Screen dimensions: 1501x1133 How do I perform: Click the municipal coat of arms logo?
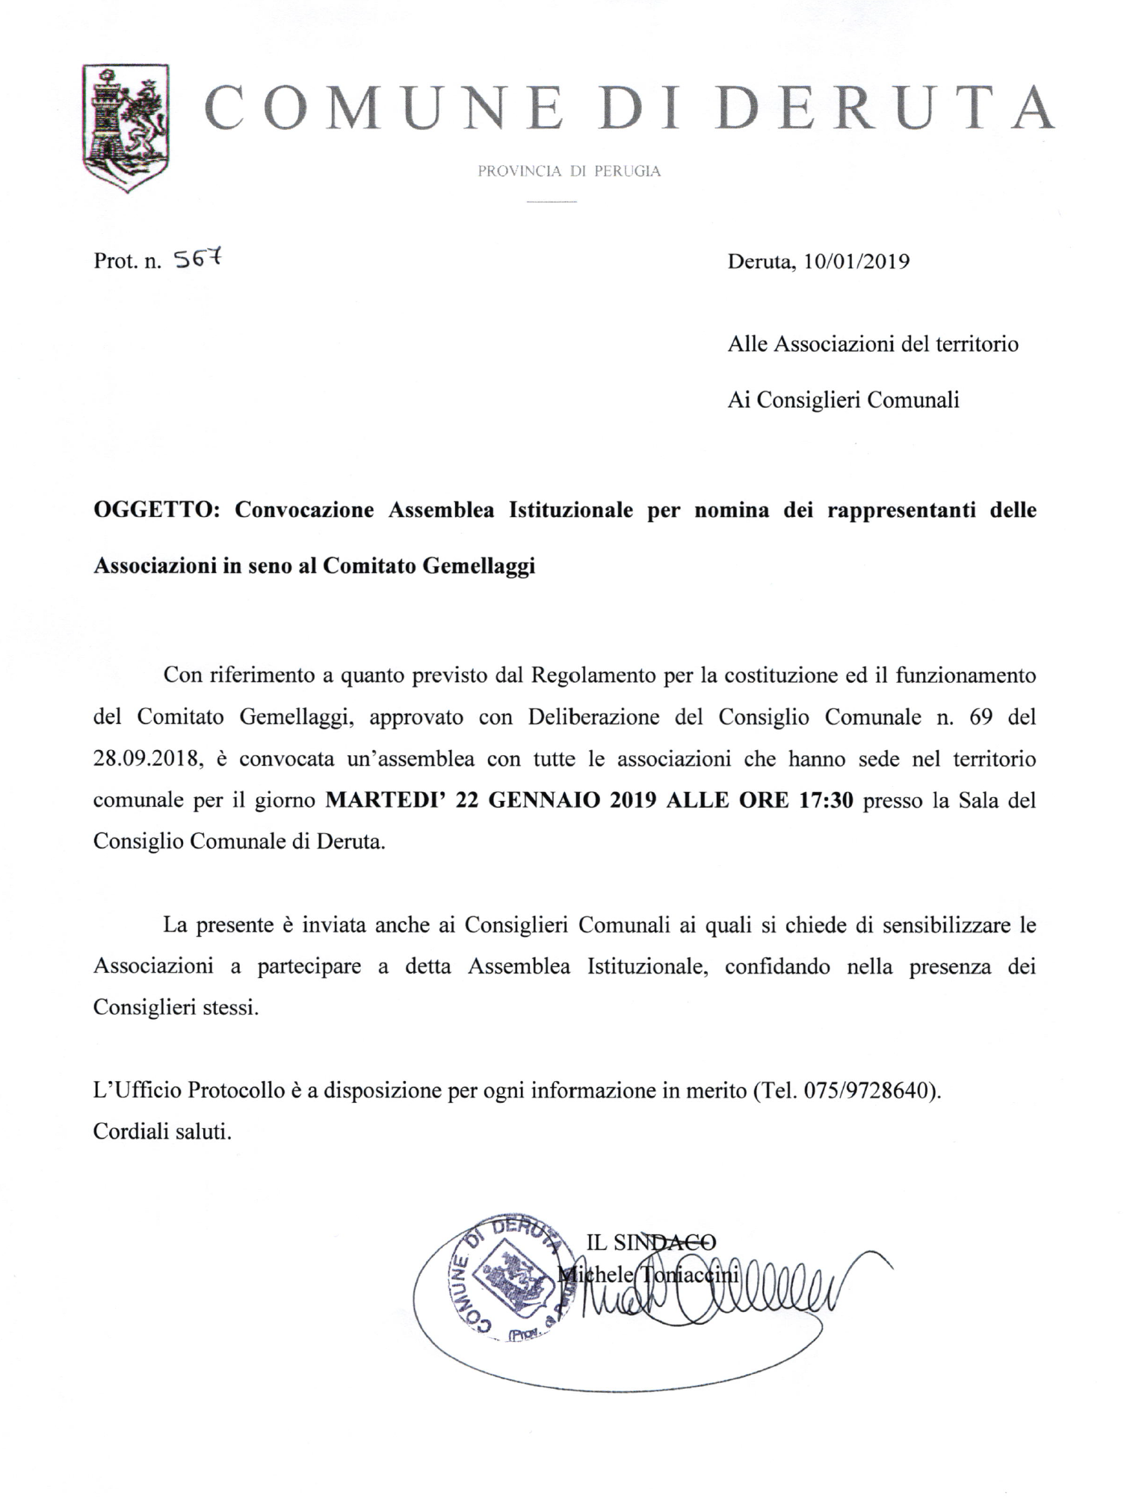pos(126,126)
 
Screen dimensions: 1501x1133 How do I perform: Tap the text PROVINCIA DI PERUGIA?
pos(569,171)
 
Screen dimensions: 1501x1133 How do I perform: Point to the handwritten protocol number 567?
pos(198,259)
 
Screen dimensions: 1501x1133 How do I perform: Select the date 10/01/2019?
pos(856,262)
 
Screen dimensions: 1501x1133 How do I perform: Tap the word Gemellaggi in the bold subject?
pos(479,566)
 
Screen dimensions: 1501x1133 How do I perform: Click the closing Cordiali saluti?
pos(162,1132)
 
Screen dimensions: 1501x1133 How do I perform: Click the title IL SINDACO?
pos(650,1242)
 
